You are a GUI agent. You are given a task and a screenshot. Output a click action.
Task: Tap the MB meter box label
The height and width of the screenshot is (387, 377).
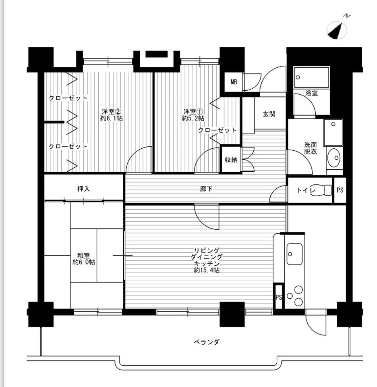pyautogui.click(x=234, y=82)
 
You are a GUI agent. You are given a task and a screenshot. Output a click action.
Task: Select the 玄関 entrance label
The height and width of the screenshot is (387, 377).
pyautogui.click(x=269, y=114)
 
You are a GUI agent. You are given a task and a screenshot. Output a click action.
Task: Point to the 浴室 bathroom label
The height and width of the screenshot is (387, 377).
pyautogui.click(x=311, y=93)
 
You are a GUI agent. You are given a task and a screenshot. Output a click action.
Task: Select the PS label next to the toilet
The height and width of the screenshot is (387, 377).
pyautogui.click(x=340, y=190)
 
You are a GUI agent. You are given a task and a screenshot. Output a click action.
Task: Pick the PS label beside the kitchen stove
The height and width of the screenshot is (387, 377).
pyautogui.click(x=279, y=297)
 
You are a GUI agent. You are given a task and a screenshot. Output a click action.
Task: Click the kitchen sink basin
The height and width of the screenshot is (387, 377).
pyautogui.click(x=295, y=254)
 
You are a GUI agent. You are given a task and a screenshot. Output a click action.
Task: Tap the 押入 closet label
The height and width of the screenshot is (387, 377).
pyautogui.click(x=84, y=189)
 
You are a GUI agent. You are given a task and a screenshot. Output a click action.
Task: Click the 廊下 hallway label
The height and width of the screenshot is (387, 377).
pyautogui.click(x=206, y=189)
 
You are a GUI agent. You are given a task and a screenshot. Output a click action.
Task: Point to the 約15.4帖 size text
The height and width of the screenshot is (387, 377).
pyautogui.click(x=207, y=270)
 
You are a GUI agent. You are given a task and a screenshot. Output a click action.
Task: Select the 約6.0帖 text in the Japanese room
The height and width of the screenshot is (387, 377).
pyautogui.click(x=84, y=262)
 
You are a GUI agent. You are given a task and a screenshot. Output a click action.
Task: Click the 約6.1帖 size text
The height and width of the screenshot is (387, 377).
pyautogui.click(x=112, y=118)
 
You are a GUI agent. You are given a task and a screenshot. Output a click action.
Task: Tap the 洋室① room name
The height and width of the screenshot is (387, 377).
pyautogui.click(x=193, y=111)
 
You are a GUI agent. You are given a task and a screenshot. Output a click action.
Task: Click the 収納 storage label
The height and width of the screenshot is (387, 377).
pyautogui.click(x=231, y=160)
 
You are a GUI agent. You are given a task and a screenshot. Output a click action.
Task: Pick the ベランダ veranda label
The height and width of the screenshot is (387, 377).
pyautogui.click(x=207, y=342)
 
